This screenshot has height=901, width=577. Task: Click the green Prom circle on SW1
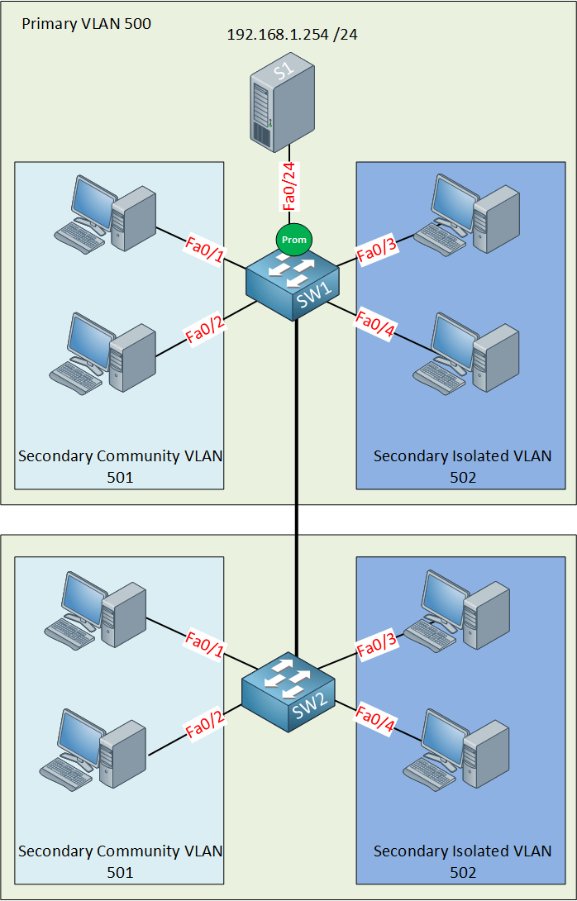coord(293,240)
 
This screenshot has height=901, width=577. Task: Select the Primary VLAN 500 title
coord(86,23)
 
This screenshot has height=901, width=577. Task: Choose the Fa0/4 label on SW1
coord(376,323)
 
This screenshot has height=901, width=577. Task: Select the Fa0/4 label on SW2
coord(376,719)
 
